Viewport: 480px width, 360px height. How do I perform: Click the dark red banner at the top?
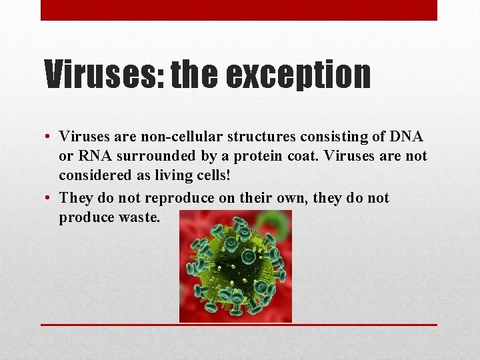pos(239,10)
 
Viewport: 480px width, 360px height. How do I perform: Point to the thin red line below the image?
pos(239,325)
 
